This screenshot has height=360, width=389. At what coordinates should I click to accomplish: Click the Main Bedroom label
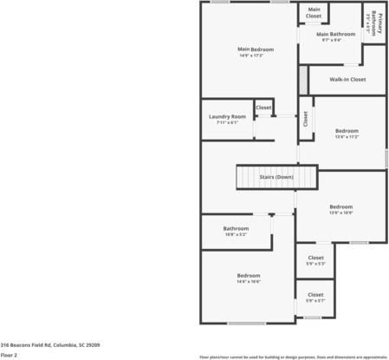[x=256, y=49]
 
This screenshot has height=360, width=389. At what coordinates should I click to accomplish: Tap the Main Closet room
[x=313, y=13]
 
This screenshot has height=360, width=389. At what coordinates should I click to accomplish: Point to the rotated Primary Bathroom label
[x=373, y=23]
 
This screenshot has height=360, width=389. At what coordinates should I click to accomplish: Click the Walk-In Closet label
[x=348, y=79]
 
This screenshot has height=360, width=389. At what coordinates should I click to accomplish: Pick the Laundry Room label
[x=227, y=116]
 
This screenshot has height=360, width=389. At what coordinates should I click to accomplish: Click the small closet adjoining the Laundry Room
[x=263, y=108]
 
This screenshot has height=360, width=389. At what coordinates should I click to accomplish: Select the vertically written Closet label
[x=306, y=119]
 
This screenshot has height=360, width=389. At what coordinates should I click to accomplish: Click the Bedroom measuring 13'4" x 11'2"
[x=347, y=133]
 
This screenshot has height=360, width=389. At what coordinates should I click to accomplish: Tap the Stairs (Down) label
[x=276, y=177]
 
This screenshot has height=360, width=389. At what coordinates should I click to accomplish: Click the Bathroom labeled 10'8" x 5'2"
[x=236, y=231]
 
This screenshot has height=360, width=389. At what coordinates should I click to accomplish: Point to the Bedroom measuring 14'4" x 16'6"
[x=249, y=278]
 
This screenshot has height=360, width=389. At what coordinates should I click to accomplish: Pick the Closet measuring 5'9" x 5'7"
[x=315, y=297]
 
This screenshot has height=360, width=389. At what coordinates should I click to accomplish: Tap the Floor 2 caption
[x=9, y=354]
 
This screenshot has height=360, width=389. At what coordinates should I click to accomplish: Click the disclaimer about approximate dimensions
[x=293, y=356]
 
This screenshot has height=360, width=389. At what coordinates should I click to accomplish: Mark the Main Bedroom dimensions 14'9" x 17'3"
[x=256, y=56]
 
